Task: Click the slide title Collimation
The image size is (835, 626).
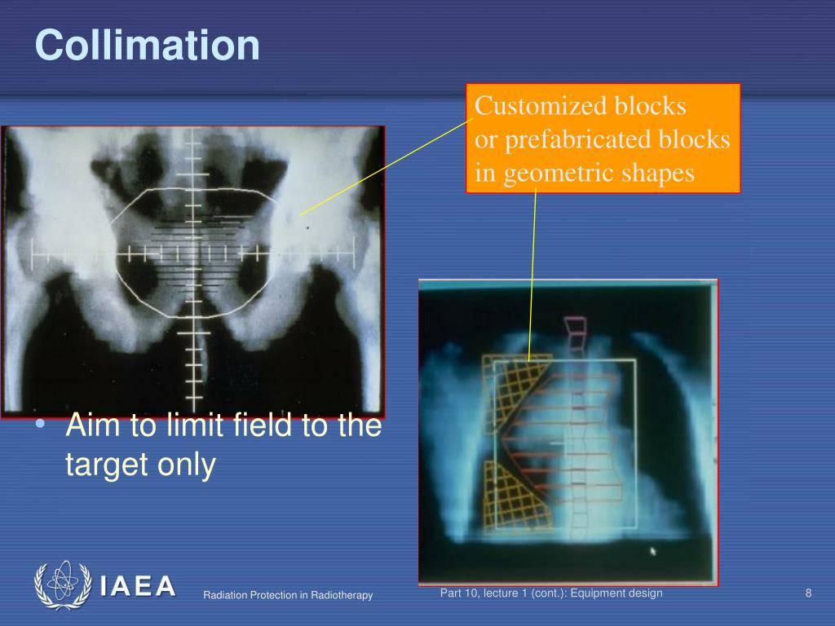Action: pyautogui.click(x=148, y=46)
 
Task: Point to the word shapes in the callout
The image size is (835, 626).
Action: pyautogui.click(x=656, y=174)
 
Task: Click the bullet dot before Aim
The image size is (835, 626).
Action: pyautogui.click(x=41, y=428)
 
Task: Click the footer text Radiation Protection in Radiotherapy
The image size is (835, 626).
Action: pyautogui.click(x=288, y=596)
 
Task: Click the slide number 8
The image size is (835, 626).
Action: pyautogui.click(x=808, y=593)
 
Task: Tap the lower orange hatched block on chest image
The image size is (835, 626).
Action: pyautogui.click(x=514, y=497)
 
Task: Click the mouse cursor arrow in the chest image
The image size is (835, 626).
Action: pyautogui.click(x=652, y=551)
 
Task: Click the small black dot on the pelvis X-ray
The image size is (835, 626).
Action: pyautogui.click(x=307, y=229)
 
